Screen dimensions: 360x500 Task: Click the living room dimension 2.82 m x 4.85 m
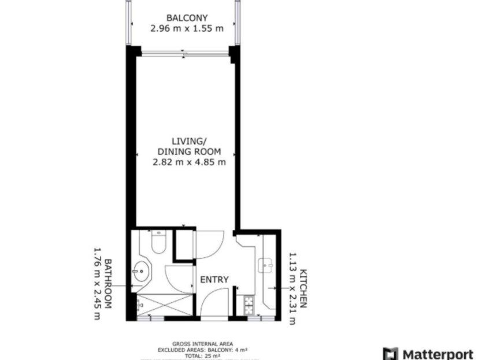(188, 162)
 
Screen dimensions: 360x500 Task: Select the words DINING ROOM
(188, 152)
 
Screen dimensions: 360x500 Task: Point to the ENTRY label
(214, 280)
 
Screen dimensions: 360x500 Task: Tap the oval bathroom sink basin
(140, 271)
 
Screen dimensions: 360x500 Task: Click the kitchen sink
(266, 266)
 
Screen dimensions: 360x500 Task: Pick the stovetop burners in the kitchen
(249, 305)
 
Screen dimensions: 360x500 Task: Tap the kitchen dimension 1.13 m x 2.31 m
(292, 287)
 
